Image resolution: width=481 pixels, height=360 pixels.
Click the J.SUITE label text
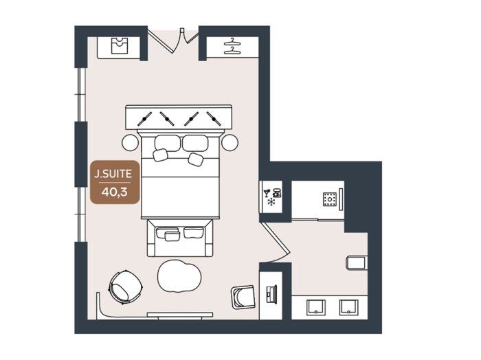[113, 175]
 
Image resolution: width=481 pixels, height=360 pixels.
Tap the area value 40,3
[115, 192]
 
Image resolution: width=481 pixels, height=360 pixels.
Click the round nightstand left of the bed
[130, 143]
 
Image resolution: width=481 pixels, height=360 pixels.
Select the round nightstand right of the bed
[230, 143]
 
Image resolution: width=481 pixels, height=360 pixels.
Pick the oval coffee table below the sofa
[179, 276]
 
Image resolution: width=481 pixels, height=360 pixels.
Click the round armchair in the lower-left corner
[126, 286]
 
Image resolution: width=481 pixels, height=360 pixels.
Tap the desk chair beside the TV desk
[243, 297]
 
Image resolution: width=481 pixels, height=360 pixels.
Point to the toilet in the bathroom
[357, 263]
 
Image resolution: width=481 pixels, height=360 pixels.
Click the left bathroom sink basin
[316, 307]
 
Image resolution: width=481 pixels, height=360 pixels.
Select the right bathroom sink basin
[349, 307]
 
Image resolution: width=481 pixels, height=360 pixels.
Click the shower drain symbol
[330, 199]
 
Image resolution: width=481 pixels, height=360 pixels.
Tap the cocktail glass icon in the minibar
[267, 193]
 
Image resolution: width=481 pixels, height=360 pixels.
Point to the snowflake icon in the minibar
[271, 202]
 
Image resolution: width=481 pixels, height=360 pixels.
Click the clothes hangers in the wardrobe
[232, 46]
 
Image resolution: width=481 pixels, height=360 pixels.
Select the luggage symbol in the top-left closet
[120, 46]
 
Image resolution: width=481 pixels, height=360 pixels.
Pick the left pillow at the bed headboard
[168, 143]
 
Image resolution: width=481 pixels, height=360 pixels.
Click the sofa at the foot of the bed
[180, 238]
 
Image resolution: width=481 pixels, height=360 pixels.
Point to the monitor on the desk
[272, 294]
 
